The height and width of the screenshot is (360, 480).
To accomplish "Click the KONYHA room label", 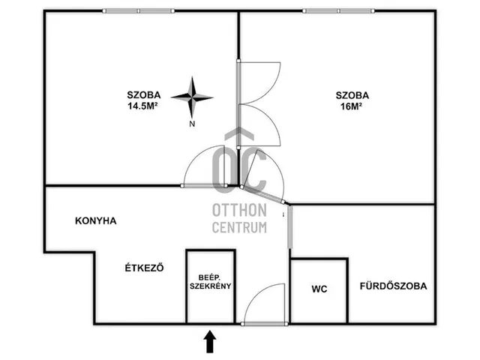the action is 96,220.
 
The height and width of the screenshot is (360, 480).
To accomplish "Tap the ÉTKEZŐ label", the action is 144,268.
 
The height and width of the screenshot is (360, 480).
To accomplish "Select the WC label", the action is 319,289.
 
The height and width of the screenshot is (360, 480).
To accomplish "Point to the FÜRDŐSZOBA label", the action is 393,286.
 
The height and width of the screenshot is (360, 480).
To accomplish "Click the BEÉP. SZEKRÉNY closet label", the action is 211,282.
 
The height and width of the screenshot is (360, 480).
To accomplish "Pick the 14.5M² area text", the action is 142,106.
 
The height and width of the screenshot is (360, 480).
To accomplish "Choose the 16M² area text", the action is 352,106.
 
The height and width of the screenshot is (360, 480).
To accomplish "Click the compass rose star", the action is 192,97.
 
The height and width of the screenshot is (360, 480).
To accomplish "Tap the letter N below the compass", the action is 192,124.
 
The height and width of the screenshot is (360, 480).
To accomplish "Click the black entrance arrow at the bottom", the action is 210,341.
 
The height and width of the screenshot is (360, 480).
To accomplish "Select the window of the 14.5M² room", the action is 138,11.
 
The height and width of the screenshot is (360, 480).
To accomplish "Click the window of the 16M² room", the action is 338,11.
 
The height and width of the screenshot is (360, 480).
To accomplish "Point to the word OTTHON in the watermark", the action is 240,211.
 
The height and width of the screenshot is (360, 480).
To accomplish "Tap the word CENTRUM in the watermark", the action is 240,227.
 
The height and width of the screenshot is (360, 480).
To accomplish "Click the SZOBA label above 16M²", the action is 352,95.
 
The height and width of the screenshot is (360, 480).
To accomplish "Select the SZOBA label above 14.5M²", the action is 144,95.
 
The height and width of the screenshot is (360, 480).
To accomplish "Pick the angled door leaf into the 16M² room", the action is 262,194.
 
